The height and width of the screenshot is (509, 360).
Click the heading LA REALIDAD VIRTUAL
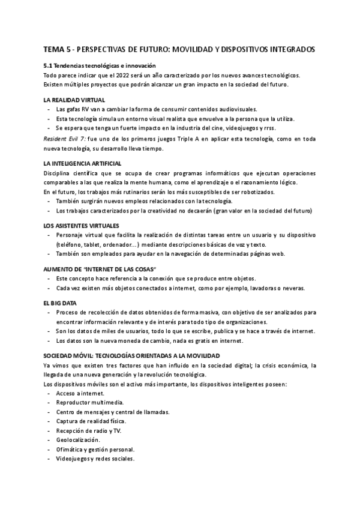tap(74, 100)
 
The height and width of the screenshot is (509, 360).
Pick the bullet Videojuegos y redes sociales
tap(95, 459)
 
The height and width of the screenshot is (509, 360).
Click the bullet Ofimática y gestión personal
tap(95, 450)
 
